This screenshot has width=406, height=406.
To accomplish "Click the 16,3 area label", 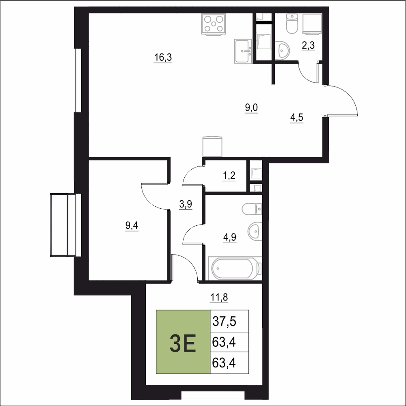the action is pyautogui.click(x=163, y=57).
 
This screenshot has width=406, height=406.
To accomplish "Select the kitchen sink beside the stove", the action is pyautogui.click(x=243, y=51).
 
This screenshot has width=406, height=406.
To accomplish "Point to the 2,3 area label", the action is pyautogui.click(x=308, y=45).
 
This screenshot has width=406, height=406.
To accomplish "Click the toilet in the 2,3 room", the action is pyautogui.click(x=292, y=24).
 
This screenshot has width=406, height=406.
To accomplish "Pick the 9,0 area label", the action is pyautogui.click(x=251, y=108).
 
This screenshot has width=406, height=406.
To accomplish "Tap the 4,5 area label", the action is pyautogui.click(x=296, y=118).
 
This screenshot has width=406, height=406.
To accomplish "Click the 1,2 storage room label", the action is pyautogui.click(x=229, y=176).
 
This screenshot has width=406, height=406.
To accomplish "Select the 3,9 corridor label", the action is pyautogui.click(x=186, y=204).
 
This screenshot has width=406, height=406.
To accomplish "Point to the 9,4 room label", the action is pyautogui.click(x=132, y=226).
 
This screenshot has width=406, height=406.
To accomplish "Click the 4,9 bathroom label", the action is pyautogui.click(x=230, y=237).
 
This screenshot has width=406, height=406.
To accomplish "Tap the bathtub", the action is pyautogui.click(x=235, y=268).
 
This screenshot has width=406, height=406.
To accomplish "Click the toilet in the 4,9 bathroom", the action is pyautogui.click(x=252, y=209).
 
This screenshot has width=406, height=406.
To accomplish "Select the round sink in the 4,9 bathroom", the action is pyautogui.click(x=255, y=231).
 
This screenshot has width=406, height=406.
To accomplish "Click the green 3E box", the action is pyautogui.click(x=183, y=342).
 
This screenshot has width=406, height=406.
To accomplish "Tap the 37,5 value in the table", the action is pyautogui.click(x=224, y=321).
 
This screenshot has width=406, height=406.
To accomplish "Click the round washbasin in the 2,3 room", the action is pyautogui.click(x=282, y=50).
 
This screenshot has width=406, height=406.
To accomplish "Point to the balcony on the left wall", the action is pyautogui.click(x=63, y=225).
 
